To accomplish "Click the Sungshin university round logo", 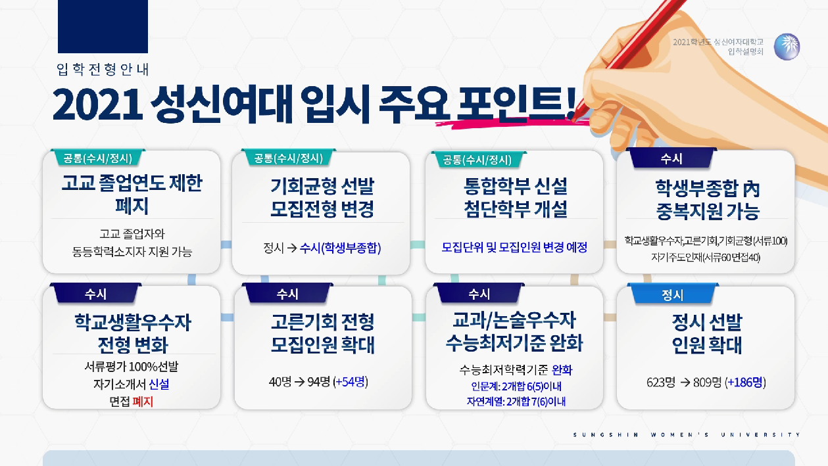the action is point(787,47).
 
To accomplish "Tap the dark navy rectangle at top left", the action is point(103,26).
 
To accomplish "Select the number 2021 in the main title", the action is point(98,105).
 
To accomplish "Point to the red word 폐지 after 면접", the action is point(143,402).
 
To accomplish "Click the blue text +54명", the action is point(351,382).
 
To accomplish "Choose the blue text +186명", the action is point(745,382).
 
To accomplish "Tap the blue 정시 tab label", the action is point(672,295).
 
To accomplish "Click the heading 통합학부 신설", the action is point(516,186).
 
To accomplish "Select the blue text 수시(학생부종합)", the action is point(340,248).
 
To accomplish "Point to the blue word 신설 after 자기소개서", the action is point(159,384).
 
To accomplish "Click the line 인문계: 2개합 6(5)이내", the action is point(516,386).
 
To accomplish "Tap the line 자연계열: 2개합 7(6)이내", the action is point(516,402).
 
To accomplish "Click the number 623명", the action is point(661,382).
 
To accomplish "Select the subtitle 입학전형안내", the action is point(103,69).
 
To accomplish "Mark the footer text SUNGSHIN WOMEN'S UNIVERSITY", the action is point(687,434).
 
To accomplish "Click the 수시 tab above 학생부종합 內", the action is point(671,158).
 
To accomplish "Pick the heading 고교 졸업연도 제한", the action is point(132,183).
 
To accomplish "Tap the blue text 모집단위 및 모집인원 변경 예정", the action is point(514,247).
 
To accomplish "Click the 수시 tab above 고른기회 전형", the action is point(287,294).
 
